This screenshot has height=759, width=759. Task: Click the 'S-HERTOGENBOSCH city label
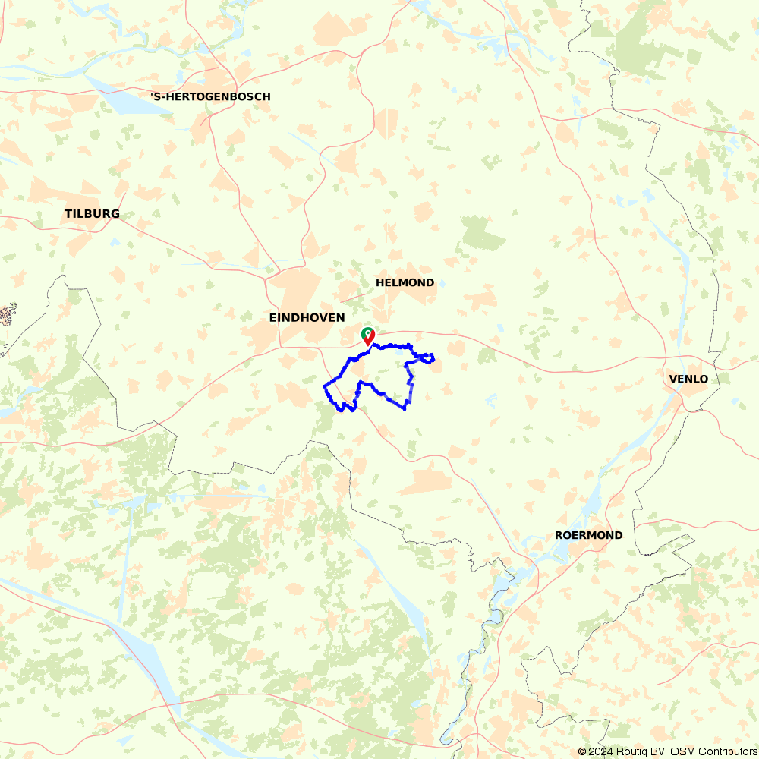(210, 96)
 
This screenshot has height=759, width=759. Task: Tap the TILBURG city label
(92, 214)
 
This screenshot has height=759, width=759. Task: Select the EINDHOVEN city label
(307, 317)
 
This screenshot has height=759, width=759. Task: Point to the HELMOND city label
(405, 282)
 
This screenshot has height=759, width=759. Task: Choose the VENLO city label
(688, 379)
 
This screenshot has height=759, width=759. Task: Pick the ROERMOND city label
(588, 535)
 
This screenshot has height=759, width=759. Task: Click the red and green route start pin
(367, 335)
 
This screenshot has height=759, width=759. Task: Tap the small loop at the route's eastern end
(428, 357)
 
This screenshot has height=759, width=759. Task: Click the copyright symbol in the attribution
(582, 751)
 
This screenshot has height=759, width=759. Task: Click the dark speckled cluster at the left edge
(8, 313)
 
